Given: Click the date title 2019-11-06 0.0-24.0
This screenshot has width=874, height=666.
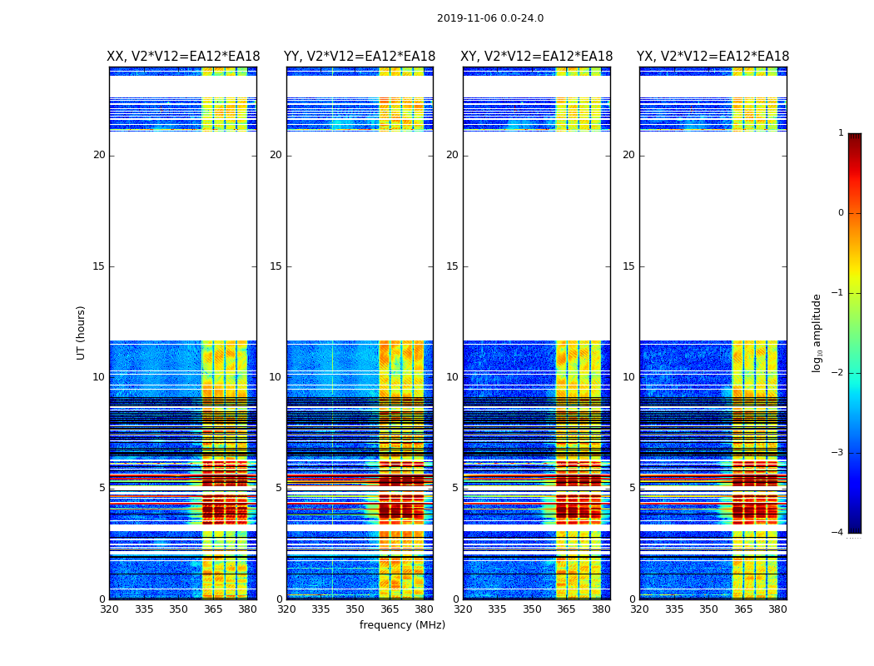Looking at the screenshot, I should click(x=490, y=18).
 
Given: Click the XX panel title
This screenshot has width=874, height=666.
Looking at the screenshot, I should click(x=183, y=57).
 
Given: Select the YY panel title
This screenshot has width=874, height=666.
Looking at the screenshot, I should click(x=360, y=57).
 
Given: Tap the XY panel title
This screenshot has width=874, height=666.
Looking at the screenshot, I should click(x=537, y=57).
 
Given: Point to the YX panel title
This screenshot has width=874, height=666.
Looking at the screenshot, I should click(x=713, y=57).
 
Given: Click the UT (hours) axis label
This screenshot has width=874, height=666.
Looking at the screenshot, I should click(x=82, y=332).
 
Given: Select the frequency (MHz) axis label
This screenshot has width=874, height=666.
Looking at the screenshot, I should click(x=402, y=625).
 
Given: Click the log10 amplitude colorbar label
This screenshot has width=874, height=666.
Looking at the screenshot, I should click(x=817, y=332).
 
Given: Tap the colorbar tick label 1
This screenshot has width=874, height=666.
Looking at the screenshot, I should click(x=841, y=133).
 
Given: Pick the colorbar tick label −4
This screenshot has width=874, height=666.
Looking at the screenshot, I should click(x=839, y=533).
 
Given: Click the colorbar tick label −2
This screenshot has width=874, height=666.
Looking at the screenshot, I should click(x=839, y=373).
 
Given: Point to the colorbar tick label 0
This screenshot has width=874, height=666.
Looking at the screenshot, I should click(x=841, y=213).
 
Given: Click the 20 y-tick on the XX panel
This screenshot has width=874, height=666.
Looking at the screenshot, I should click(x=99, y=155).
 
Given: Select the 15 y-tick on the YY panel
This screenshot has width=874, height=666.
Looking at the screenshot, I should click(x=276, y=266).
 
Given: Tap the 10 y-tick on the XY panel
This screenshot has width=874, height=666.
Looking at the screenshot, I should click(x=452, y=377).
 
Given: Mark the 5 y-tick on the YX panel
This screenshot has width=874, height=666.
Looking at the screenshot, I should click(x=632, y=488).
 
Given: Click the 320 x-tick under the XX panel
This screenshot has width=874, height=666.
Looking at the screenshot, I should click(x=109, y=609).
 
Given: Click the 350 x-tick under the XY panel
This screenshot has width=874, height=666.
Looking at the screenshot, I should click(x=532, y=609).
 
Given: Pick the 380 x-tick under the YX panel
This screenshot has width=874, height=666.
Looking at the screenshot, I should click(x=777, y=609).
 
